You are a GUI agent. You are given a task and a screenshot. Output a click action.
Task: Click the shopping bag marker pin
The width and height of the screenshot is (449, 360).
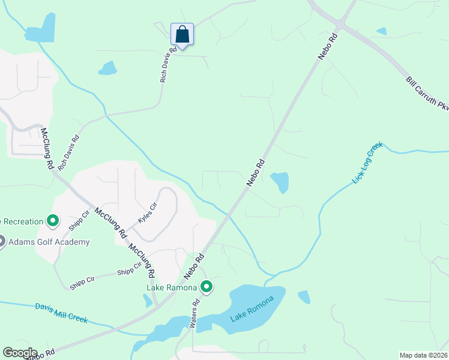pyautogui.click(x=182, y=34)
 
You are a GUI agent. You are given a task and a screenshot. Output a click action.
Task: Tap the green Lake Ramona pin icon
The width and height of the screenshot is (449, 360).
pyautogui.click(x=206, y=287)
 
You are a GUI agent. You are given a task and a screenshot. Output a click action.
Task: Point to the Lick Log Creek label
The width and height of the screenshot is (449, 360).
pyautogui.click(x=367, y=163)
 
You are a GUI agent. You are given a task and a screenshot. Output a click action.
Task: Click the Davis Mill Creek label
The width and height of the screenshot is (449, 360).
pyautogui.click(x=61, y=313)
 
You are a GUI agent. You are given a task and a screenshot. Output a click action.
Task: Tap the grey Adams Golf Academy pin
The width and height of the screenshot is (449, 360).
pyautogui.click(x=1, y=242)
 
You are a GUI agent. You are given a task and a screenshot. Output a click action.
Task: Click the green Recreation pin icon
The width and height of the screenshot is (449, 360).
pyautogui.click(x=53, y=221)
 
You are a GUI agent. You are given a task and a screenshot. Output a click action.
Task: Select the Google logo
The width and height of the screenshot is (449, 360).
pyautogui.click(x=19, y=353)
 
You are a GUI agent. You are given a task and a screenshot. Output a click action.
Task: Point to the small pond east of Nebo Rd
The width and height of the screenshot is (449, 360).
pyautogui.click(x=280, y=182)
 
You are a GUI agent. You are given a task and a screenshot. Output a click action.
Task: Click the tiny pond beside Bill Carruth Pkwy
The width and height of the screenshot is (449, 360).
pyautogui.click(x=381, y=31)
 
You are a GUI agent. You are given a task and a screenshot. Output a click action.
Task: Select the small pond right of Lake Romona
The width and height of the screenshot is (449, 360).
pyautogui.click(x=304, y=297)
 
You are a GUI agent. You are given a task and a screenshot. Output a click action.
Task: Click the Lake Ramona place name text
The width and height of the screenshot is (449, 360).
pyautogui.click(x=172, y=287)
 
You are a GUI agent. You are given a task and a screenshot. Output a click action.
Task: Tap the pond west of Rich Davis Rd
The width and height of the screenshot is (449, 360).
pyautogui.click(x=108, y=68)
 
